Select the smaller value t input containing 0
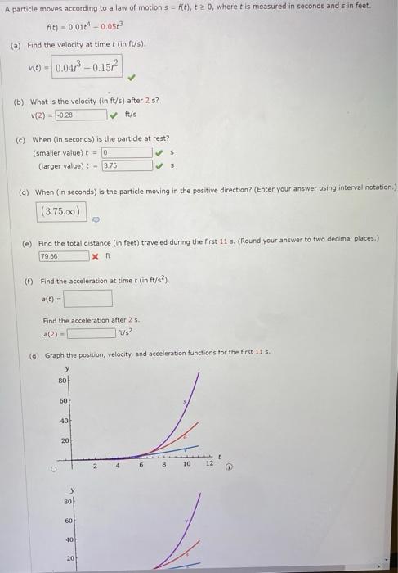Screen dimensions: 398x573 pyautogui.click(x=126, y=152)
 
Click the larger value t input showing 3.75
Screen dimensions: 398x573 pyautogui.click(x=126, y=165)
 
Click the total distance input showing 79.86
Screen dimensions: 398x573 pyautogui.click(x=63, y=256)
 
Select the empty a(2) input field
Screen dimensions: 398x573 pyautogui.click(x=91, y=333)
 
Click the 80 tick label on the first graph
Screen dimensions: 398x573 pyautogui.click(x=61, y=381)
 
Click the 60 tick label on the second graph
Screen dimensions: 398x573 pyautogui.click(x=69, y=520)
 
